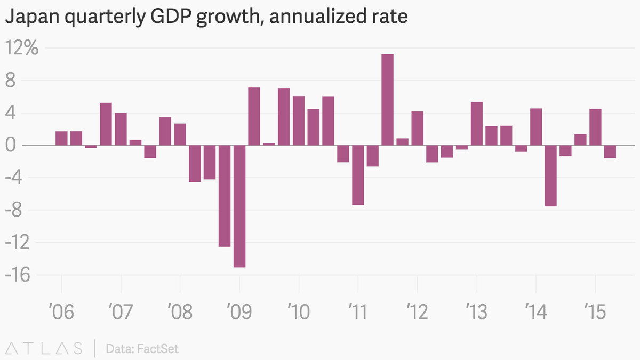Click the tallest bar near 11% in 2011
point(388,100)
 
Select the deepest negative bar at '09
point(239,206)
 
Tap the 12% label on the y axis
point(21,49)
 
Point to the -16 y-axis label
point(19,275)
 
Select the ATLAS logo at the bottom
point(44,349)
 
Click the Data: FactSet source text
point(142,349)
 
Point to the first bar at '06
point(61,138)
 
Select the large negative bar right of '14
point(551,175)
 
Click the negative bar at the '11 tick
point(358,175)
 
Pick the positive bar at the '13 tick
point(477,124)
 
